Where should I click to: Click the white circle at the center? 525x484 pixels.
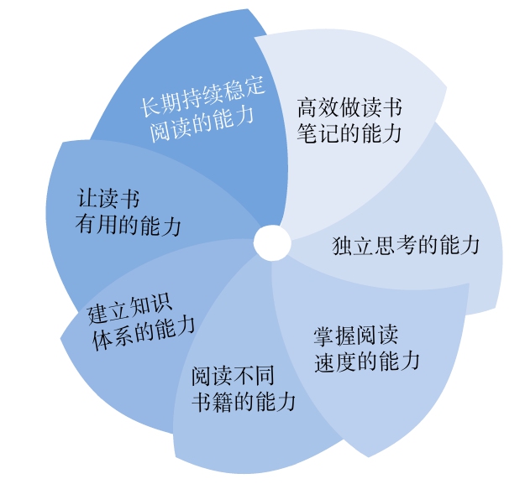pyautogui.click(x=271, y=243)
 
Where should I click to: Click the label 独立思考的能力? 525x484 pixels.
pyautogui.click(x=406, y=245)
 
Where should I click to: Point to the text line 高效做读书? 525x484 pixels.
pyautogui.click(x=349, y=108)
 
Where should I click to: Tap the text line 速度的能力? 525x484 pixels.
pyautogui.click(x=366, y=362)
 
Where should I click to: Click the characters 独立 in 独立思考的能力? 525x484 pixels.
pyautogui.click(x=351, y=246)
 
